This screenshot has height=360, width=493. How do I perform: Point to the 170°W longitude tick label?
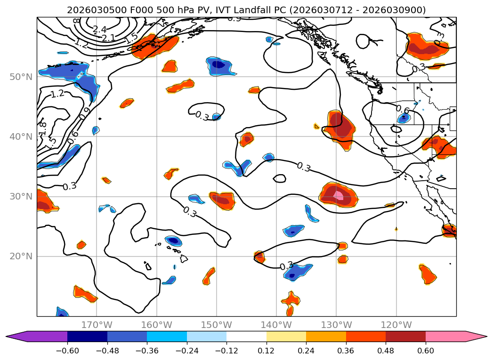pyautogui.click(x=97, y=325)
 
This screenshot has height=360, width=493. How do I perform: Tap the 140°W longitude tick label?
pyautogui.click(x=276, y=325)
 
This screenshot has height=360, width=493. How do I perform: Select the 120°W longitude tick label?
pyautogui.click(x=396, y=325)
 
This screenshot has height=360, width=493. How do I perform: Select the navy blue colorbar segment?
pyautogui.click(x=87, y=336)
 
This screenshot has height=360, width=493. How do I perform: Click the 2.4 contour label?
pyautogui.click(x=99, y=30)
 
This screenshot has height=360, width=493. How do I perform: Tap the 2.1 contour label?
pyautogui.click(x=109, y=38)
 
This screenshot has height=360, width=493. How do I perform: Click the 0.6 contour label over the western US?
pyautogui.click(x=403, y=110)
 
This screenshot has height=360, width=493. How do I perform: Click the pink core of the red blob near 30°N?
pyautogui.click(x=338, y=194)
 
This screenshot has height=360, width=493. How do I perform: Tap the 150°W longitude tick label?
pyautogui.click(x=217, y=325)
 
